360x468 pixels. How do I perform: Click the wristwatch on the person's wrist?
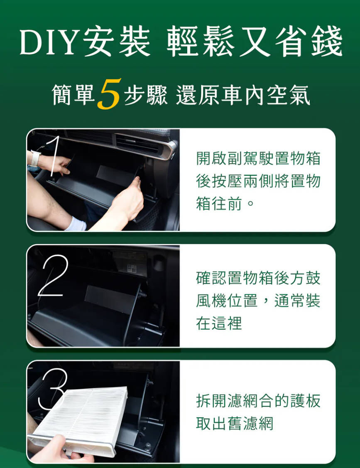35,159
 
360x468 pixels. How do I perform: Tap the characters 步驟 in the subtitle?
146,95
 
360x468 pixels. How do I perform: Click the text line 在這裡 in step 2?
219,323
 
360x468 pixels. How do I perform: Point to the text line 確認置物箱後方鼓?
258,278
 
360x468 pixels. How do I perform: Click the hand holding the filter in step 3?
60,451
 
